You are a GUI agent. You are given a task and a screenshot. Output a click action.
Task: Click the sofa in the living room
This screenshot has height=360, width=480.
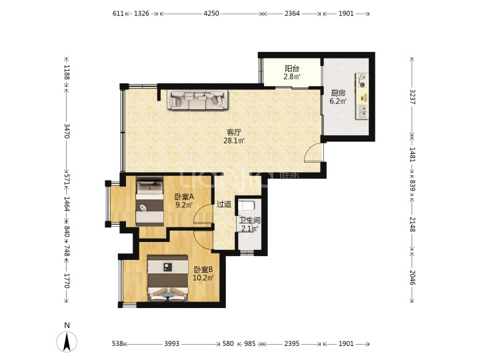[198, 99]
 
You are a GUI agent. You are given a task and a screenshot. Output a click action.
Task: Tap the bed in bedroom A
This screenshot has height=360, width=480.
[150, 201]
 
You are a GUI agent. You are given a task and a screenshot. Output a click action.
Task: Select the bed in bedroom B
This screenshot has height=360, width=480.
[168, 278]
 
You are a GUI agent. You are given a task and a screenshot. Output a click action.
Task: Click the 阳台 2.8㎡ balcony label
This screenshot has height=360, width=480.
[292, 73]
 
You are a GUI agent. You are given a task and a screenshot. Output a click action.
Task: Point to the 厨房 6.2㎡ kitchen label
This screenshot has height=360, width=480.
[338, 97]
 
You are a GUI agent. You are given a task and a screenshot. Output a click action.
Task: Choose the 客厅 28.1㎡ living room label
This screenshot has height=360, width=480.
[234, 137]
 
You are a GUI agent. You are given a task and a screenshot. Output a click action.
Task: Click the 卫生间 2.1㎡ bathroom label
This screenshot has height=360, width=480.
[249, 225]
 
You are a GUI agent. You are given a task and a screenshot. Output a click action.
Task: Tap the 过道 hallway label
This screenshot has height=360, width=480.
[224, 204]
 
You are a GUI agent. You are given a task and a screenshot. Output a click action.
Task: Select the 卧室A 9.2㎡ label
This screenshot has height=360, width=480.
[184, 201]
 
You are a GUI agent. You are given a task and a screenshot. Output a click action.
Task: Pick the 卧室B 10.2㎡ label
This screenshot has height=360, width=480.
[203, 274]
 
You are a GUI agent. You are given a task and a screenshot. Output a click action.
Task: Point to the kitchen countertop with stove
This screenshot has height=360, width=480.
[362, 96]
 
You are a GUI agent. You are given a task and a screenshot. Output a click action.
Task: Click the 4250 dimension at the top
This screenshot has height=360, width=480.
[211, 13]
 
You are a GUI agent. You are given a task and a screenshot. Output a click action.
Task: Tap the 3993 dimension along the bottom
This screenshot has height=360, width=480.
[172, 344]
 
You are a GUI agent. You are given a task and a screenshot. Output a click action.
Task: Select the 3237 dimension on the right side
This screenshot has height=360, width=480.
[412, 97]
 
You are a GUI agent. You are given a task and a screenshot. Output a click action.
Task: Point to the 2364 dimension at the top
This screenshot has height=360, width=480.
[292, 13]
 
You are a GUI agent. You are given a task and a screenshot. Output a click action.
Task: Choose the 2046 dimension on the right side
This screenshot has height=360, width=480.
[412, 277]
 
